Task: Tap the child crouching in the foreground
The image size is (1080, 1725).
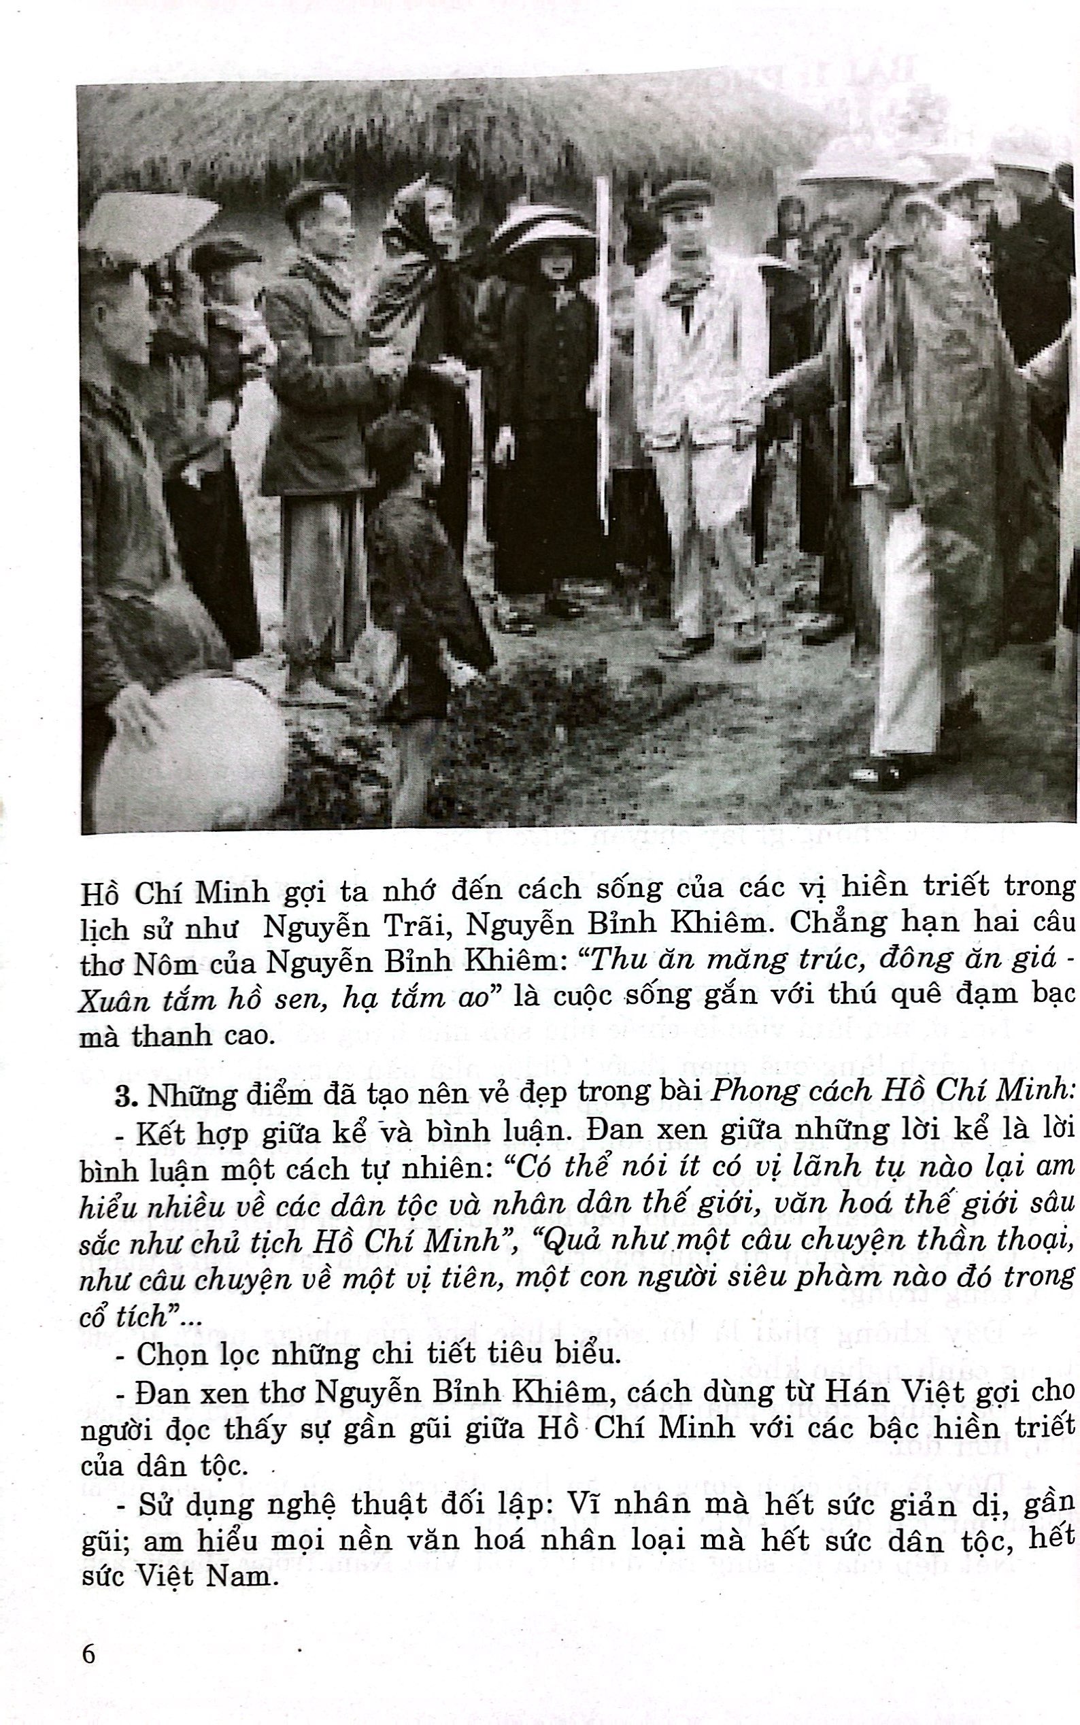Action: pos(418,543)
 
